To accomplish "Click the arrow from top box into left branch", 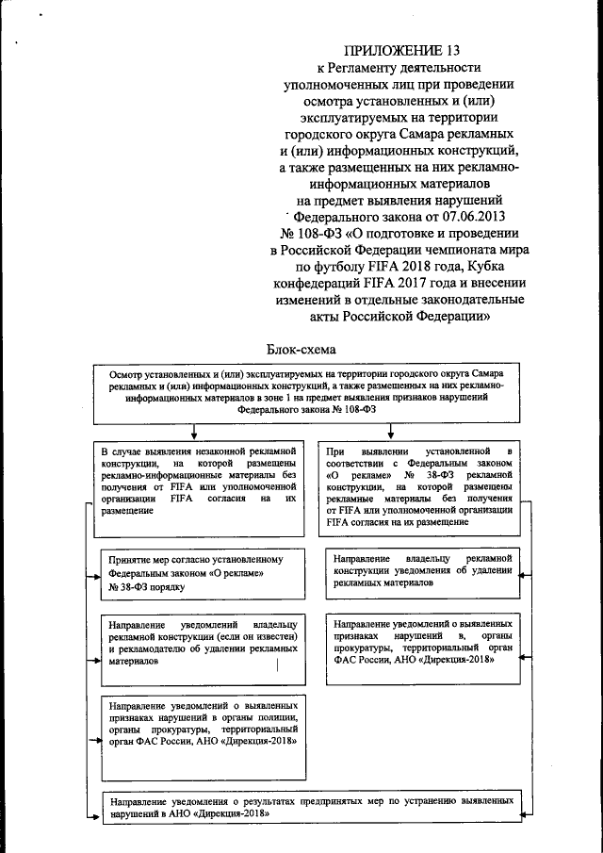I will click(x=192, y=431).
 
